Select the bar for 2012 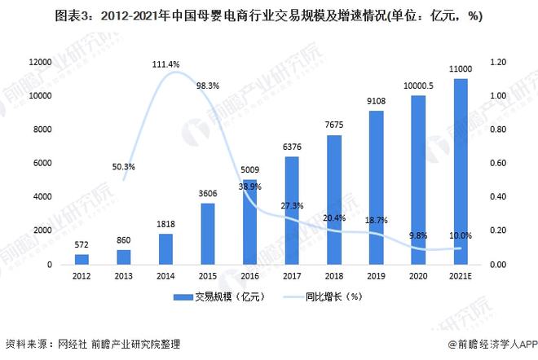coord(81,259)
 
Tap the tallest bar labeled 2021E coord(461,171)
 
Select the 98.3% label coord(209,86)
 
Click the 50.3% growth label coord(123,167)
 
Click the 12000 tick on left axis coord(40,62)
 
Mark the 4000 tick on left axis coord(42,197)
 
